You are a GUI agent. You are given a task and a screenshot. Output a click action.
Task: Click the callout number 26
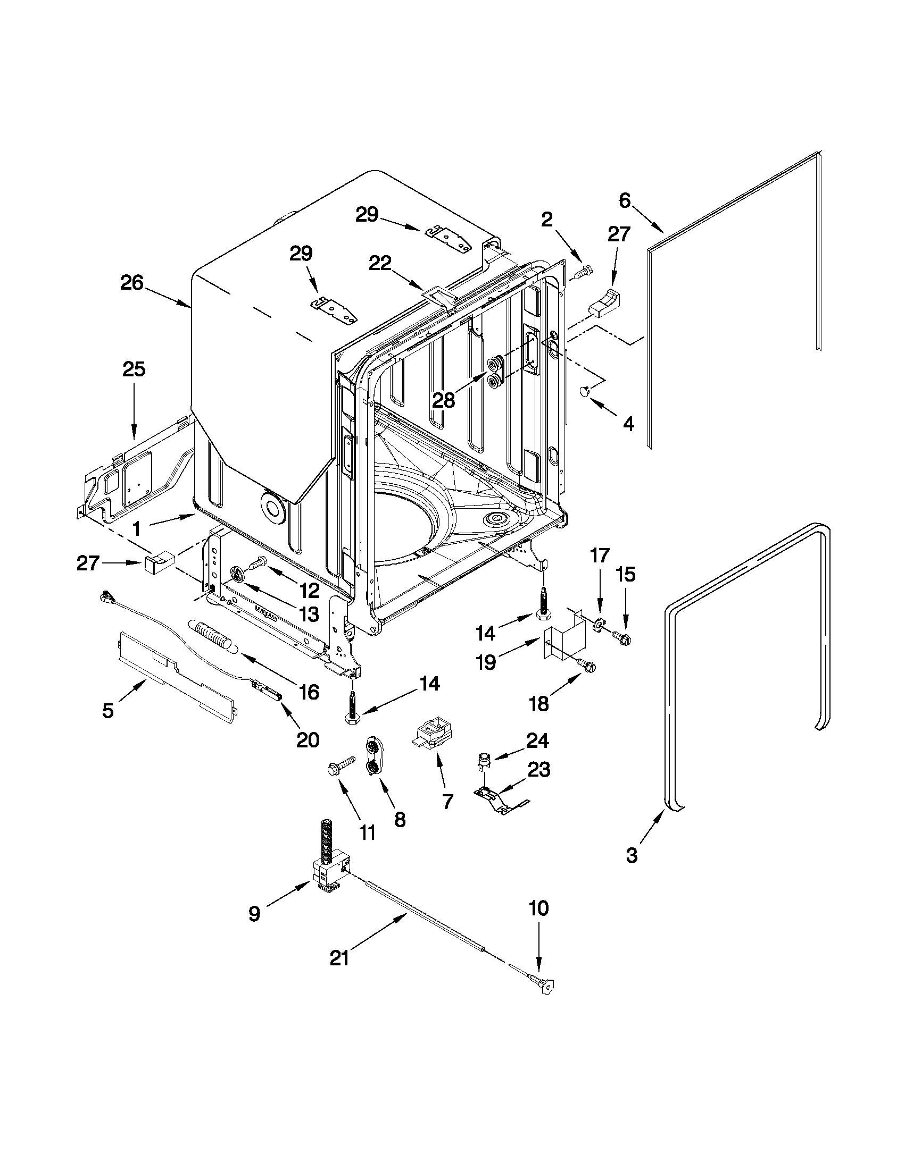pyautogui.click(x=131, y=283)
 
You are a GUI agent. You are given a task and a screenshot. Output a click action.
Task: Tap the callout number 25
pyautogui.click(x=134, y=369)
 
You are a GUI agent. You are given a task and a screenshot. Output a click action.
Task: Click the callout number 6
pyautogui.click(x=625, y=201)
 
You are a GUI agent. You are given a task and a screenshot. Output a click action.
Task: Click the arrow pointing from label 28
pyautogui.click(x=469, y=384)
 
